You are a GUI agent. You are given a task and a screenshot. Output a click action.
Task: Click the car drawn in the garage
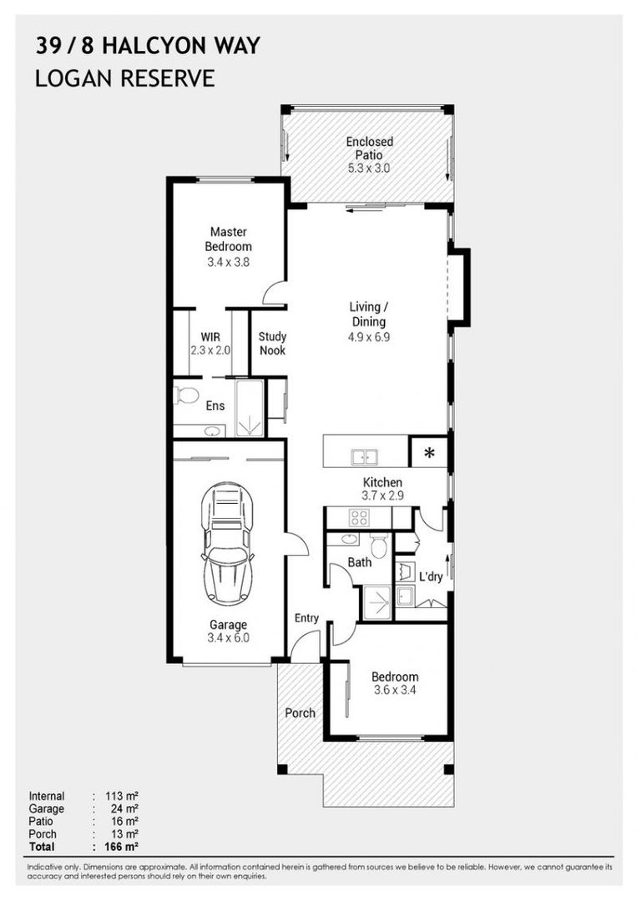[228, 542]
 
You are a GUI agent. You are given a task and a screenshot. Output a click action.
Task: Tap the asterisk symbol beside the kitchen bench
[429, 452]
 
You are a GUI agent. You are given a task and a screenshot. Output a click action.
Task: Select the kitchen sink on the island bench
[364, 457]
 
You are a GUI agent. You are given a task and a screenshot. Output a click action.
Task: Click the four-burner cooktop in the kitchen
[359, 517]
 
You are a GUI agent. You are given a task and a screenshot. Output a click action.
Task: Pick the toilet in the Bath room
[377, 546]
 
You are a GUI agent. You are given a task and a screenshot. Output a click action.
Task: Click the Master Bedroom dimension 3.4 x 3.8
[228, 262]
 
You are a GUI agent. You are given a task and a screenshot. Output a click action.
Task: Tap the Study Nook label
[272, 344]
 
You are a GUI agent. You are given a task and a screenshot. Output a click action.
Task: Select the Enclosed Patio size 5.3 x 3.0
[368, 169]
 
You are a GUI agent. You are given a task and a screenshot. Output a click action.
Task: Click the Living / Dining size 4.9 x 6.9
[368, 337]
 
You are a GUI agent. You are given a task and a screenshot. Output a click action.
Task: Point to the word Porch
[300, 713]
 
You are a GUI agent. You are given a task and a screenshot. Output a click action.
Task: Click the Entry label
[306, 618]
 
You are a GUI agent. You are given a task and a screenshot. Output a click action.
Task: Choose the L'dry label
[431, 576]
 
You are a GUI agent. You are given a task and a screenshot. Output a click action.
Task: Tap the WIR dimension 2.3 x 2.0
[210, 350]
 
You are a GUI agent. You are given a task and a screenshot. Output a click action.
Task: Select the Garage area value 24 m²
[124, 809]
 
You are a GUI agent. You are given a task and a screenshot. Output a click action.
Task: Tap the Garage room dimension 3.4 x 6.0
[228, 638]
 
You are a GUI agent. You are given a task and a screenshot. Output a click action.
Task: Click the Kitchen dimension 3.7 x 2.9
[382, 496]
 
